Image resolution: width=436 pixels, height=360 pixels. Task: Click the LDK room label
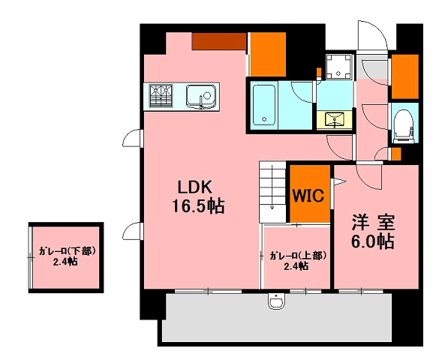(194, 187)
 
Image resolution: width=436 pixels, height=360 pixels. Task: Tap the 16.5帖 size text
(198, 206)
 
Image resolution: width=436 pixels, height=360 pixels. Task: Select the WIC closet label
(308, 196)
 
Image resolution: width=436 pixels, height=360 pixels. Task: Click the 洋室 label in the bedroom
(373, 223)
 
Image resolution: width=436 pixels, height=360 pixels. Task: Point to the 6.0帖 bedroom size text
(373, 241)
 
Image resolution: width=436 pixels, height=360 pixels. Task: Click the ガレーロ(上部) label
(297, 256)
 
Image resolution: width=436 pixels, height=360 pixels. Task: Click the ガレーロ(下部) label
(67, 251)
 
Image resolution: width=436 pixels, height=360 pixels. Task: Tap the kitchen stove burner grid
(161, 96)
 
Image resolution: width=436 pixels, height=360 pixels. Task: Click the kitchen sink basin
(201, 96)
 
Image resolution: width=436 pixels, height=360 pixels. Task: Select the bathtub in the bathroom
(264, 105)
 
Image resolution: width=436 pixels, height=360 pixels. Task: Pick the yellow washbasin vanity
(335, 120)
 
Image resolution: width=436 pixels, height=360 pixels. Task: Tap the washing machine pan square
(338, 67)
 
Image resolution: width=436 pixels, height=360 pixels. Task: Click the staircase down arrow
(272, 187)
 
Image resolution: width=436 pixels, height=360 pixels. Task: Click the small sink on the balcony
(276, 301)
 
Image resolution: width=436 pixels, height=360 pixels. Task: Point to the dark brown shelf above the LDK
(219, 41)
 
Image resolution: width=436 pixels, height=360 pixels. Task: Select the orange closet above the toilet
(405, 76)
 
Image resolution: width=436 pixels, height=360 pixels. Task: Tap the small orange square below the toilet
(396, 154)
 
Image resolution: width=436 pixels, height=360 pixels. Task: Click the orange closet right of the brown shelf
(268, 55)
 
